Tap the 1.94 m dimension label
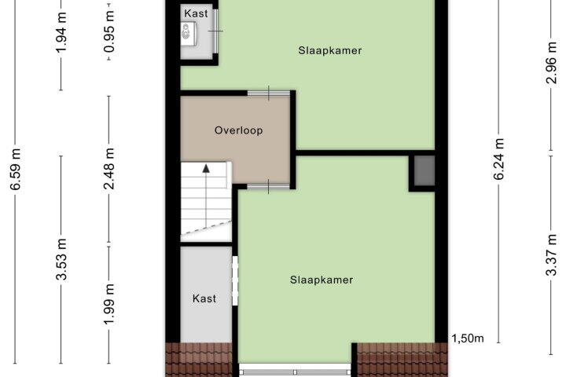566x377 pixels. pyautogui.click(x=61, y=32)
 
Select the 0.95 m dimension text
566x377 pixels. pyautogui.click(x=109, y=31)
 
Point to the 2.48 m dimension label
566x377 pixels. pyautogui.click(x=109, y=169)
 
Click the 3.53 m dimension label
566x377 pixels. pyautogui.click(x=61, y=259)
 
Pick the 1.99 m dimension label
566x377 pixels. pyautogui.click(x=109, y=304)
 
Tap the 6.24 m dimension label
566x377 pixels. pyautogui.click(x=498, y=159)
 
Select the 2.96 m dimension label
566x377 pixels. pyautogui.click(x=551, y=63)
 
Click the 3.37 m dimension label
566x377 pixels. pyautogui.click(x=551, y=254)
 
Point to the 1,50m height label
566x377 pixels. pyautogui.click(x=468, y=339)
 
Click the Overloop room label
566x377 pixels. pyautogui.click(x=239, y=130)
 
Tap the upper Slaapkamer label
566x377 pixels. pyautogui.click(x=330, y=50)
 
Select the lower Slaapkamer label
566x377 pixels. pyautogui.click(x=322, y=280)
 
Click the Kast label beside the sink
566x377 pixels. pyautogui.click(x=196, y=13)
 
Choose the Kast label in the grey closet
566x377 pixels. pyautogui.click(x=204, y=298)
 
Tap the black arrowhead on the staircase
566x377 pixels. pyautogui.click(x=206, y=168)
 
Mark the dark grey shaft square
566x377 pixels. pyautogui.click(x=424, y=171)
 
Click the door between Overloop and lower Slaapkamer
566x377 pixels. pyautogui.click(x=269, y=186)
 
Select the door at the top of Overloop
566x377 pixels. pyautogui.click(x=269, y=93)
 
